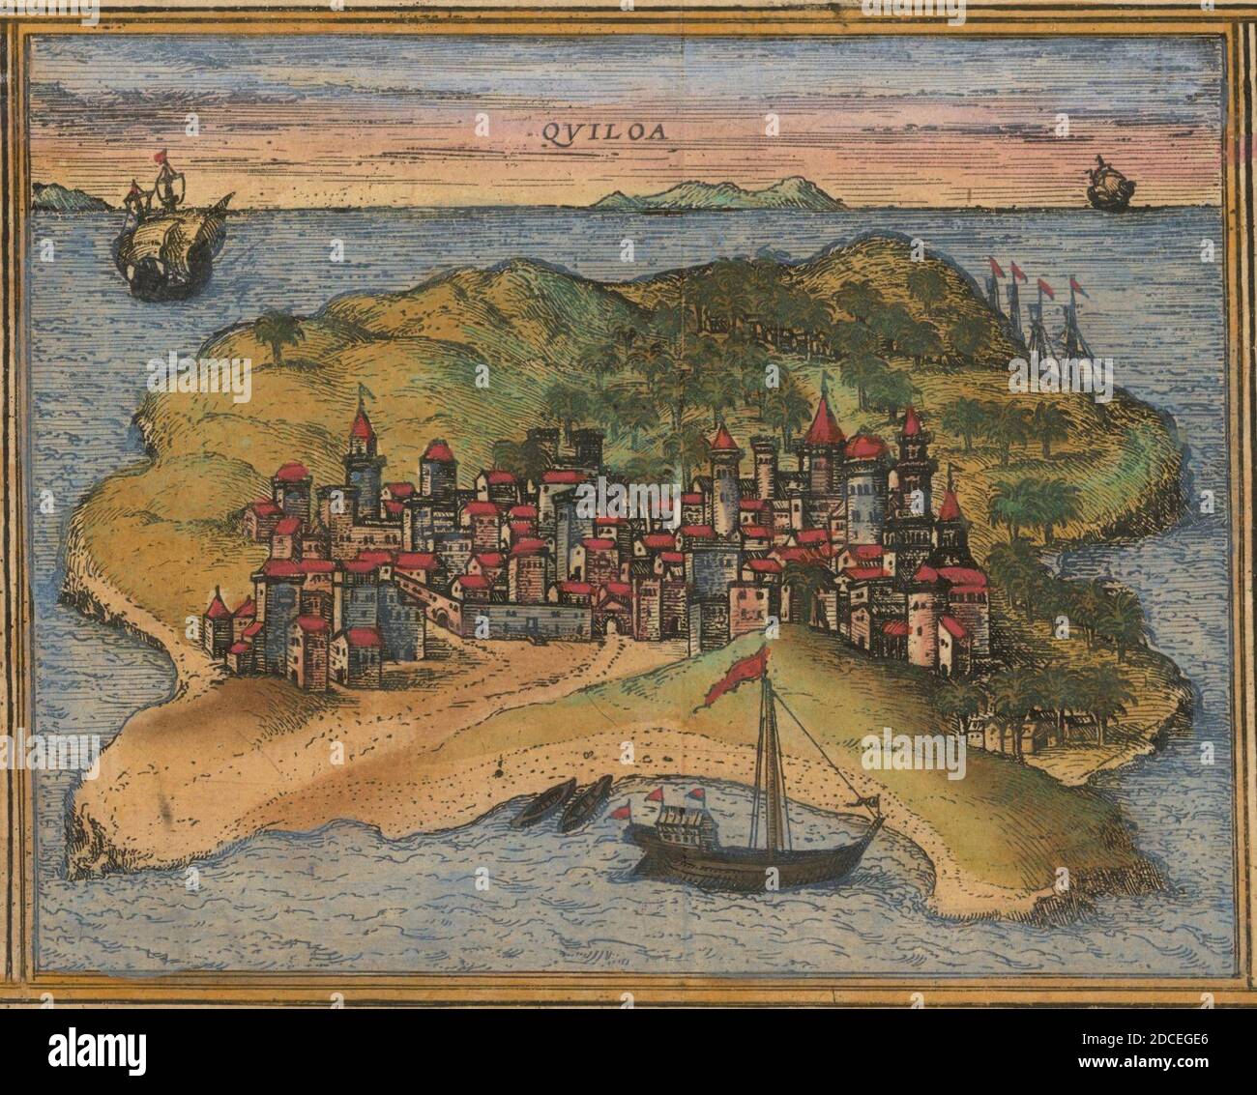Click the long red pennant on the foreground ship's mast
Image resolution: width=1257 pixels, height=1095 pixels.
(737, 676)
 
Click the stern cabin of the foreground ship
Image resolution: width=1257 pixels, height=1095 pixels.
(683, 827)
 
